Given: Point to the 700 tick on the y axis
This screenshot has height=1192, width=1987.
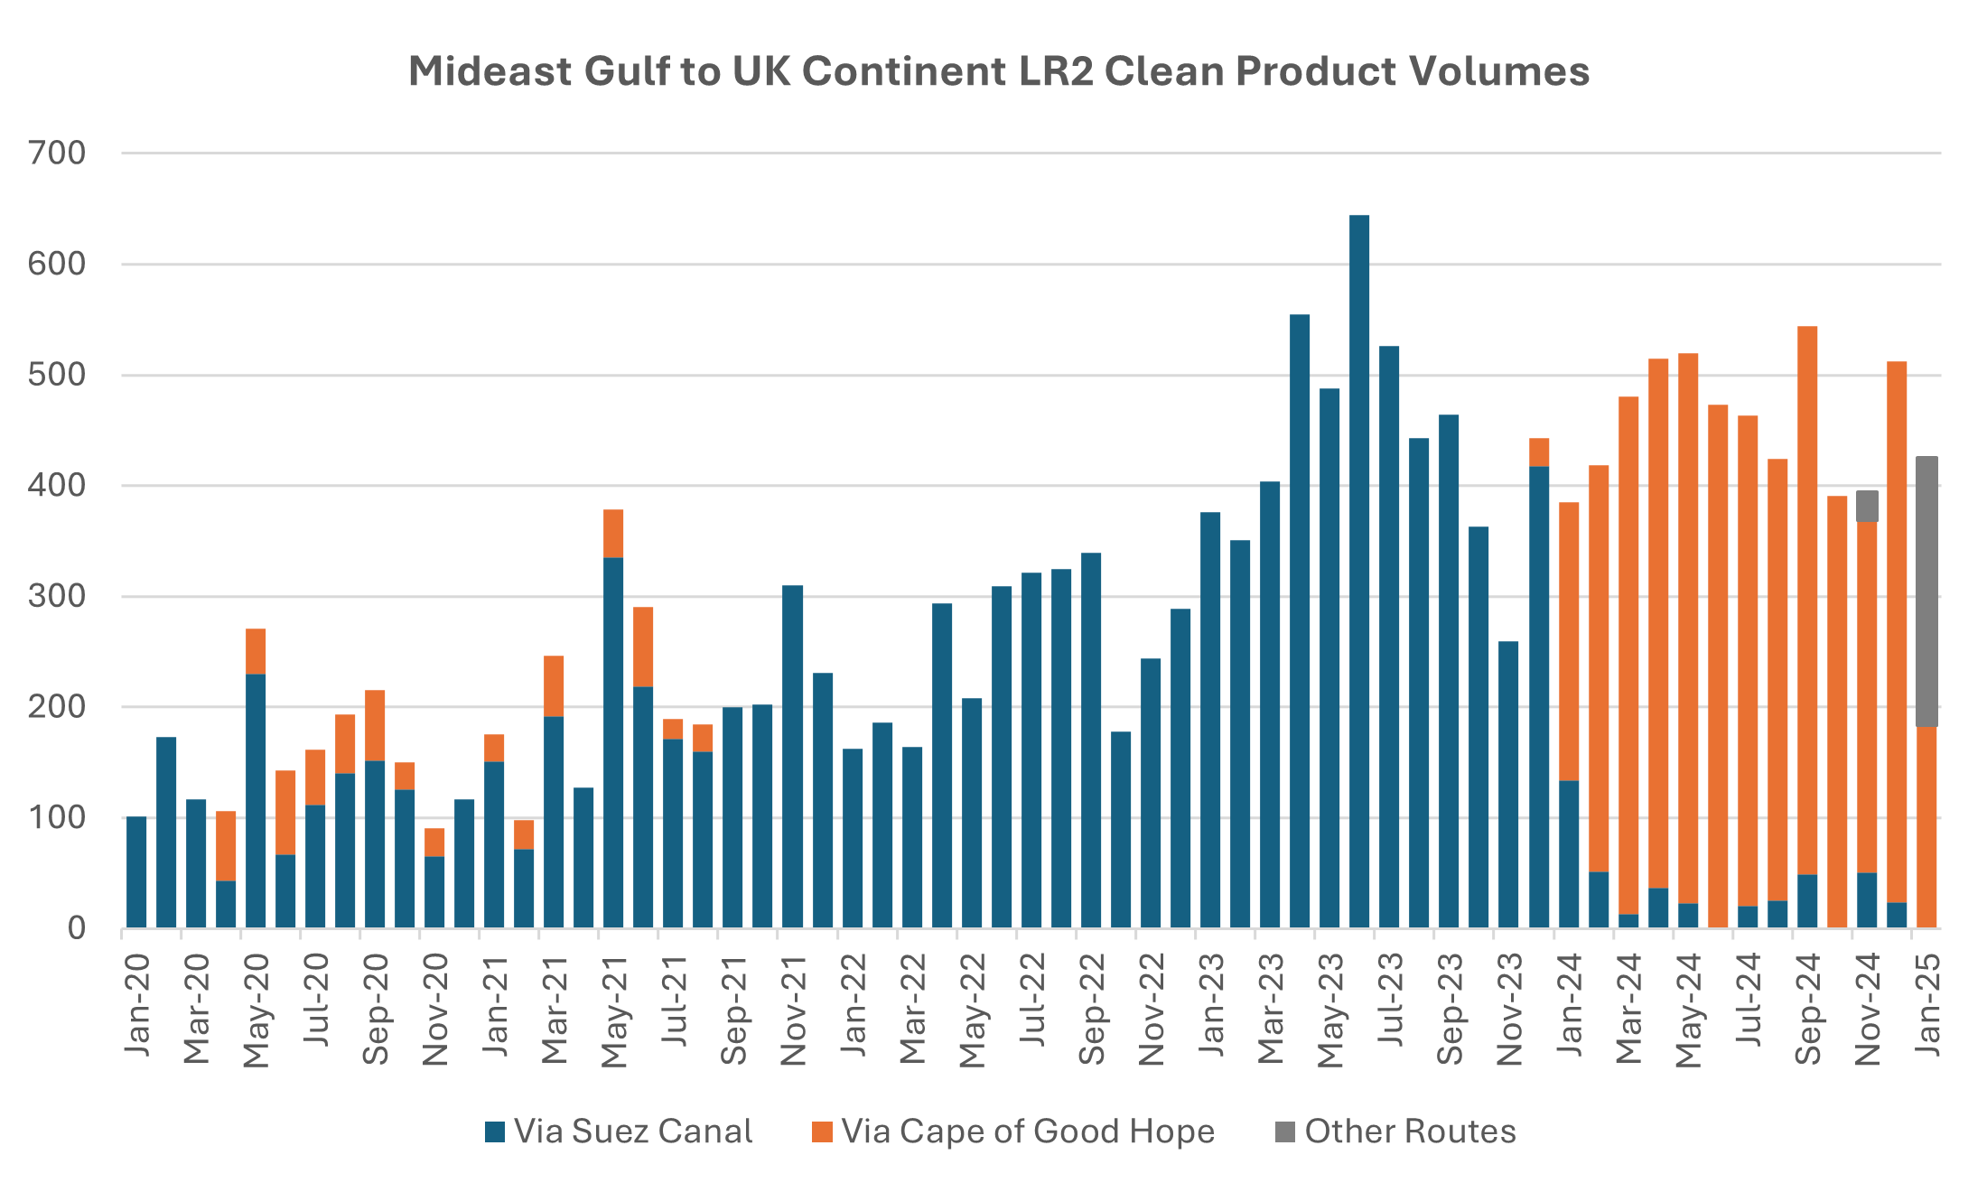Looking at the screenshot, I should pos(57,153).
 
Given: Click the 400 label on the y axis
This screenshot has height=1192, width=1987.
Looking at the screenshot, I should pos(57,485).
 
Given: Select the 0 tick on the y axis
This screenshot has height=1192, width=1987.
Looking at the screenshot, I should pos(77,928).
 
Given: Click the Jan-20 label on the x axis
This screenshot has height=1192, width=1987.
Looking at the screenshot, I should pos(137,1003).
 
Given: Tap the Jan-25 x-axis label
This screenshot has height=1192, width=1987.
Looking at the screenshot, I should pos(1927,1003).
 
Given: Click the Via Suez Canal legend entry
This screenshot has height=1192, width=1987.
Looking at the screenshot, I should pos(632,1131).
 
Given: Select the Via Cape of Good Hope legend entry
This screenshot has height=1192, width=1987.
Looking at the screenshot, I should pos(1027,1131).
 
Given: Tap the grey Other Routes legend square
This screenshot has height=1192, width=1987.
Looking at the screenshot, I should pos(1284,1131).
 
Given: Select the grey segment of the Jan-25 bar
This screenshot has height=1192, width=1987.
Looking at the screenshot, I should pos(1926,591).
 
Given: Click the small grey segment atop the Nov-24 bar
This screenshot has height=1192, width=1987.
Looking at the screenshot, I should pos(1867,506).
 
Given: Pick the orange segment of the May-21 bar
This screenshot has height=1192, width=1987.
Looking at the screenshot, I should pos(613,533).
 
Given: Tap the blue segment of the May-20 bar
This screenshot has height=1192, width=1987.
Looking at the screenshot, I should pos(256,799).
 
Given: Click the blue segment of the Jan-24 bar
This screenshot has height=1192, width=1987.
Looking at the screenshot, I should pos(1569,853).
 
